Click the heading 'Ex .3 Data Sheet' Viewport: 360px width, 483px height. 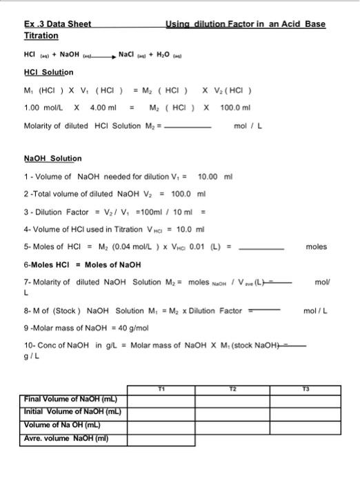[x=57, y=24]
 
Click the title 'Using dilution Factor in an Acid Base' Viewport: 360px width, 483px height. [x=246, y=24]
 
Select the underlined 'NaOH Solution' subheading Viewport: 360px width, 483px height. [x=52, y=159]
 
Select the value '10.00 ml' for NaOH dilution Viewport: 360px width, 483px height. [x=216, y=177]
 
